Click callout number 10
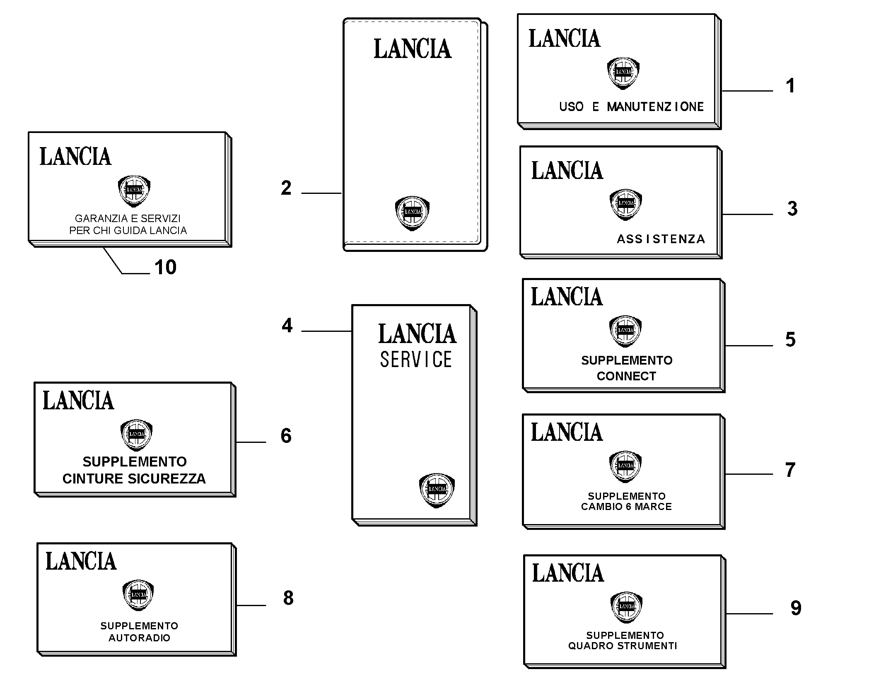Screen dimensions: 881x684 165,267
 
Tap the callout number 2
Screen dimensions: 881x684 286,188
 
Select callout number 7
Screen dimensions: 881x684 790,470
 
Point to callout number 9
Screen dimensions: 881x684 796,608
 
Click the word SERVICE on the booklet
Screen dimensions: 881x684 416,359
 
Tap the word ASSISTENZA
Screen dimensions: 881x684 661,239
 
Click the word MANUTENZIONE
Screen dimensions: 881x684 655,107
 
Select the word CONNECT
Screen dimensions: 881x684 626,376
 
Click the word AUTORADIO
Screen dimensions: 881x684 139,638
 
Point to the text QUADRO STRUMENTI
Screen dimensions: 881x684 623,646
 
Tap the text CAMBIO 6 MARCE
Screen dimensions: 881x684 626,507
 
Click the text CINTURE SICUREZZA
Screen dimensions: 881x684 134,479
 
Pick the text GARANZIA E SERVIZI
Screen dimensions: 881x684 128,218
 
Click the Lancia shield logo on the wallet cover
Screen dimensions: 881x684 412,213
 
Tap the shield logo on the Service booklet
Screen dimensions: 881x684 437,490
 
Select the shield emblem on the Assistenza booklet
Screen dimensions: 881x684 625,205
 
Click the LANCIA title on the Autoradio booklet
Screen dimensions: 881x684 81,561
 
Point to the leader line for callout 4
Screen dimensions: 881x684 326,331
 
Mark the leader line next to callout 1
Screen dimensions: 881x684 747,91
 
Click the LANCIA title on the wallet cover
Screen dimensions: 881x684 413,49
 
